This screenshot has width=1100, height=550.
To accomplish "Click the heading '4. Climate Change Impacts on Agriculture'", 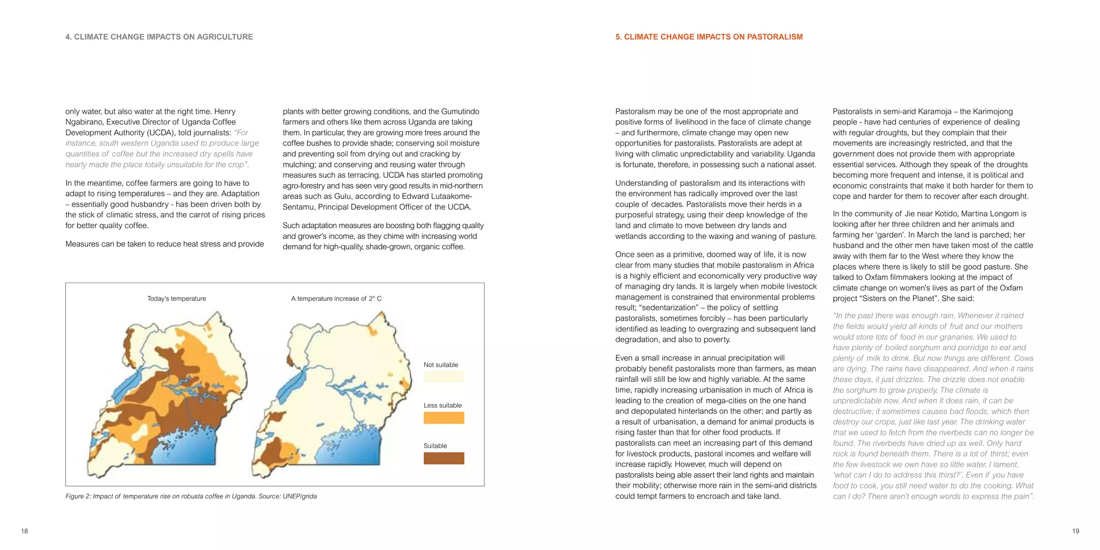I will pyautogui.click(x=159, y=37).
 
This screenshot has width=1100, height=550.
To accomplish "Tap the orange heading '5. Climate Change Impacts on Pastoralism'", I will pyautogui.click(x=708, y=37).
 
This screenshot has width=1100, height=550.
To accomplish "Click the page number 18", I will pyautogui.click(x=24, y=531).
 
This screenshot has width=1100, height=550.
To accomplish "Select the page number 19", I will pyautogui.click(x=1075, y=531).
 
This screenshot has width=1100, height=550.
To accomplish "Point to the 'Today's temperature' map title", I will pyautogui.click(x=177, y=299).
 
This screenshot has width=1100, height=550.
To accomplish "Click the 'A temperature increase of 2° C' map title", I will pyautogui.click(x=336, y=299).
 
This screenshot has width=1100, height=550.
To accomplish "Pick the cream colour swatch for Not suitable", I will pyautogui.click(x=444, y=377).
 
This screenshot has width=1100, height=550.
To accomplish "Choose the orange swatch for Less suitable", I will pyautogui.click(x=444, y=418).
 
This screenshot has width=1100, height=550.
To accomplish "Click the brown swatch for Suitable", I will pyautogui.click(x=444, y=458).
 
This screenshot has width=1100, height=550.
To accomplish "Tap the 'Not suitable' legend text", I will pyautogui.click(x=440, y=365).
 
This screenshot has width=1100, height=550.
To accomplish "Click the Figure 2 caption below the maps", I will pyautogui.click(x=191, y=496).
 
